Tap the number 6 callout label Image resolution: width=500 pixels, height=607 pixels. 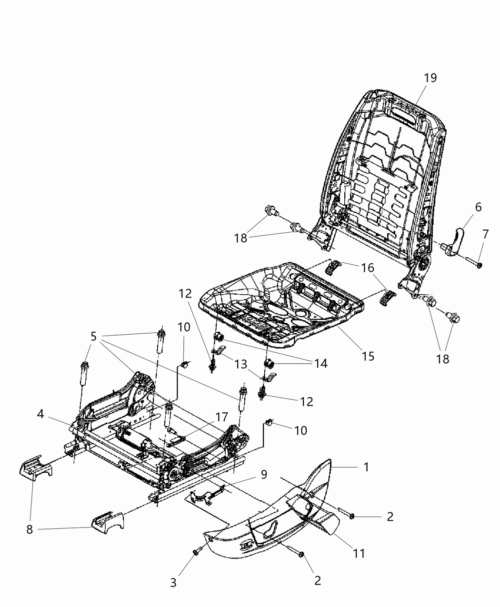point(478,207)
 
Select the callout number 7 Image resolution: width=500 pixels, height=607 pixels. point(485,234)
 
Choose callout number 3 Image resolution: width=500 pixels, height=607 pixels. point(173,583)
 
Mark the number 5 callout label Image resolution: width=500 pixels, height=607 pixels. point(93,337)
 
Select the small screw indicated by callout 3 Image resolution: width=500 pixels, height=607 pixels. point(196,552)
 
